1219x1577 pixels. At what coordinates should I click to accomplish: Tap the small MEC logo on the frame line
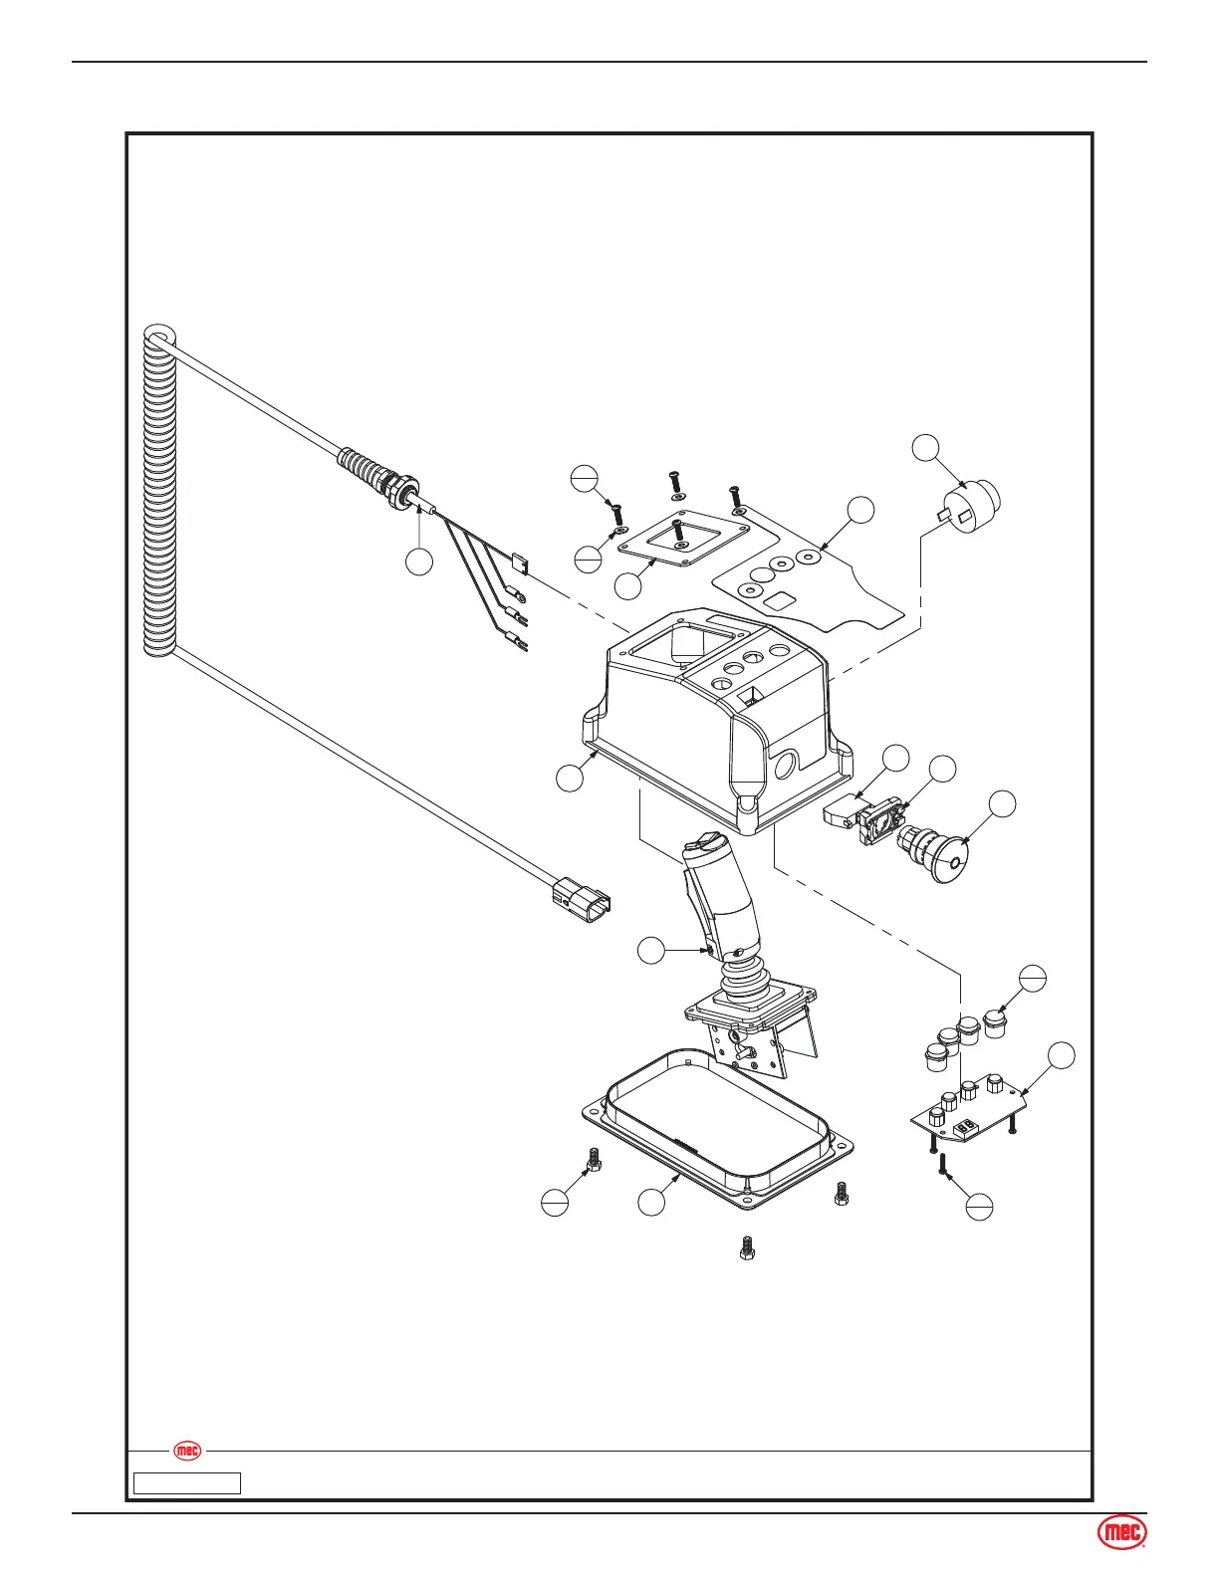point(187,1451)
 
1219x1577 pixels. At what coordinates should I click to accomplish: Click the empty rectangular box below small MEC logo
point(187,1482)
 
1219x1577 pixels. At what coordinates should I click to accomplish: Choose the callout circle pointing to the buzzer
point(927,448)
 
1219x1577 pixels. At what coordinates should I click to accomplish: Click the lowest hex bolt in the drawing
point(746,1247)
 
